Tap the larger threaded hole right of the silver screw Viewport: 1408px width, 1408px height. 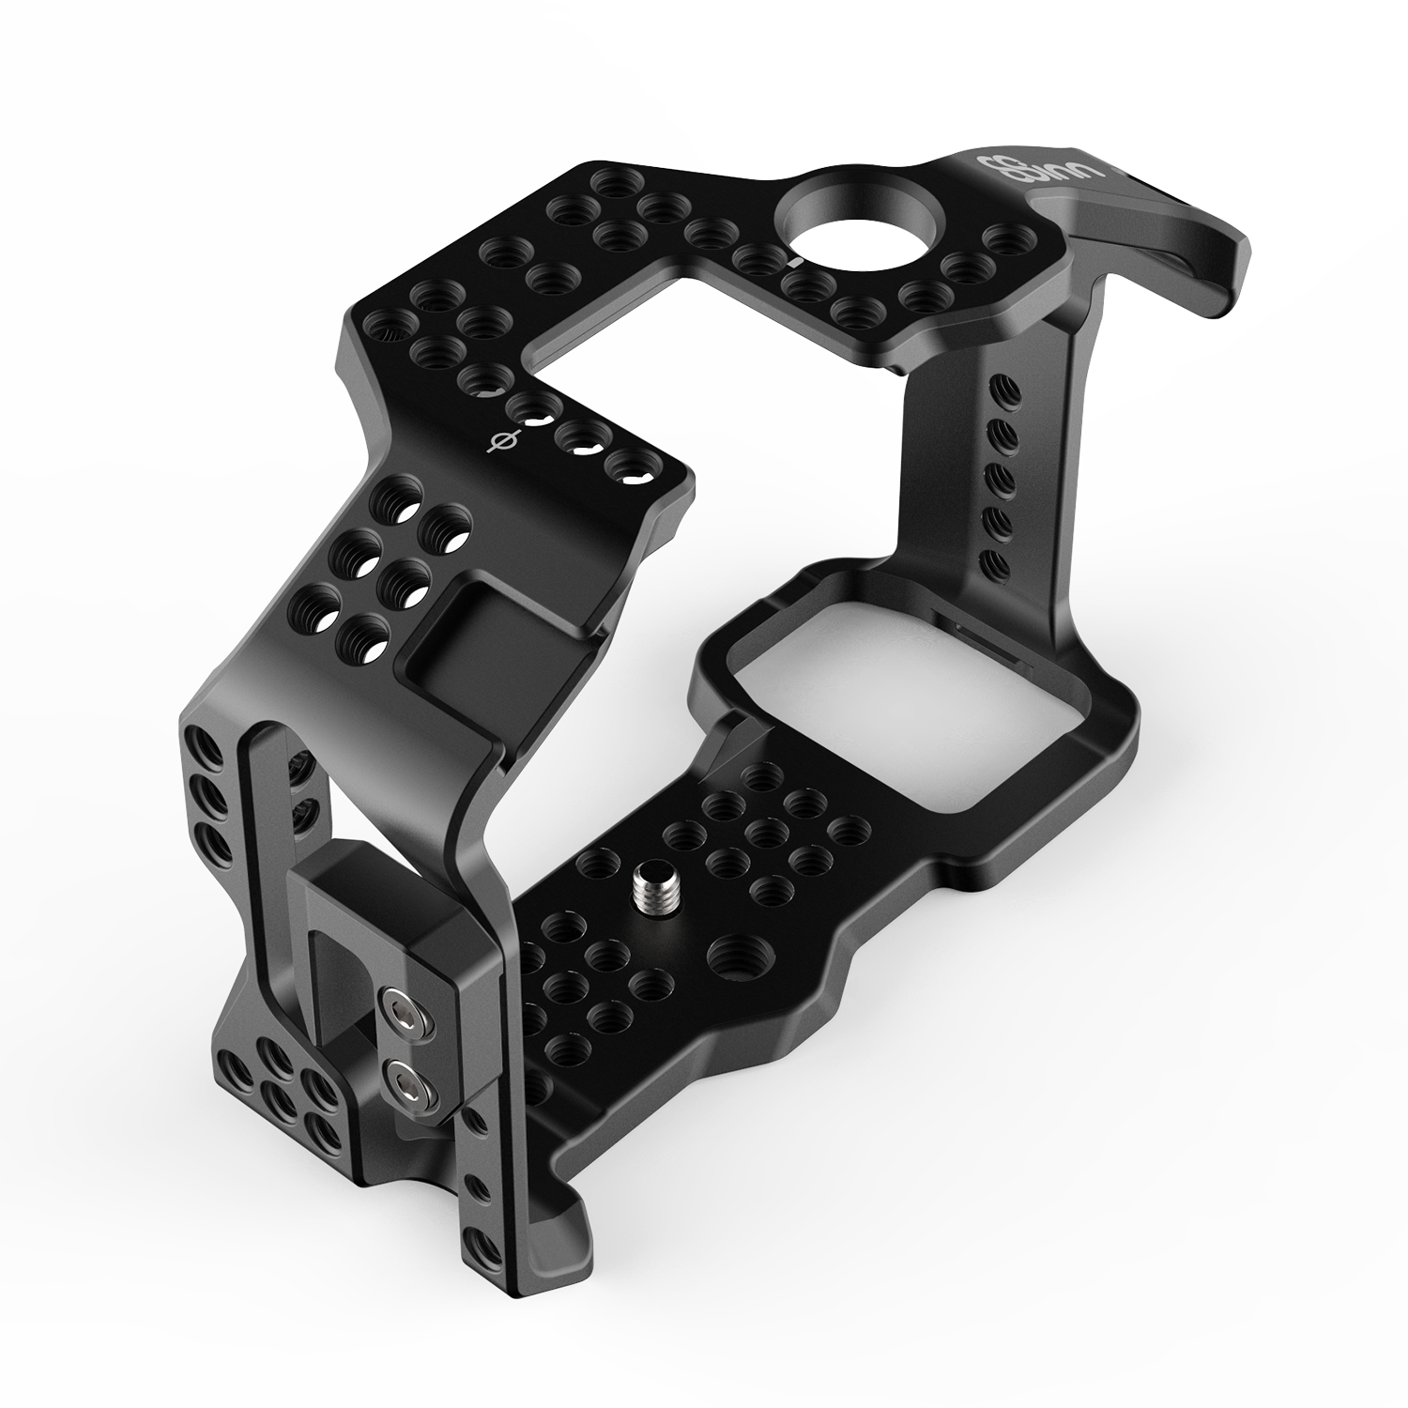click(x=736, y=957)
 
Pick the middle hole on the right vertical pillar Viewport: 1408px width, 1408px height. click(x=1001, y=478)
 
